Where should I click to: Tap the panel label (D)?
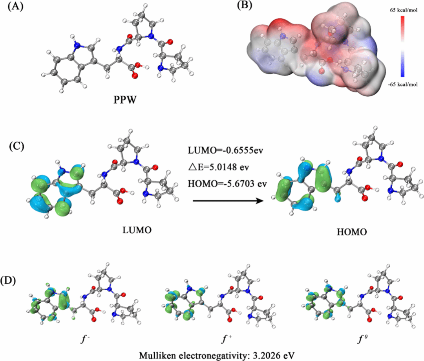[16, 282]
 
